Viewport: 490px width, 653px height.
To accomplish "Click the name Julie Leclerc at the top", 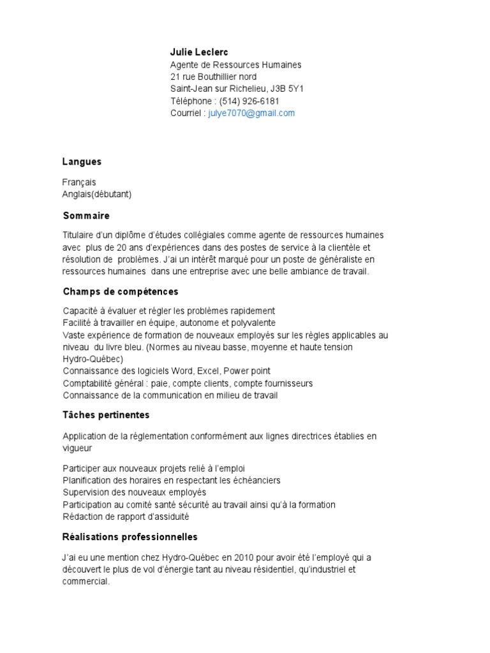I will (198, 52).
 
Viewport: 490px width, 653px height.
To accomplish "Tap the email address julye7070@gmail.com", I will (251, 113).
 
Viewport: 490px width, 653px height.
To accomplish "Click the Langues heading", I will (82, 161).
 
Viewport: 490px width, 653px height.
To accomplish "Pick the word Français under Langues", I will (79, 182).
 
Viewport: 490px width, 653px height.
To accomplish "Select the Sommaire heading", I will (86, 216).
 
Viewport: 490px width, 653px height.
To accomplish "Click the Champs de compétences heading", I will (121, 291).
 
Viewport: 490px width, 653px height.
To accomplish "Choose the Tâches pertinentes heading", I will (106, 415).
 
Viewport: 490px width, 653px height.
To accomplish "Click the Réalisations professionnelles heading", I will (130, 536).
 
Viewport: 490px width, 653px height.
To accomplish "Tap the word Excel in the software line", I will (207, 371).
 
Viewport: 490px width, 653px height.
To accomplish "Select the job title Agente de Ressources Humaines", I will (235, 64).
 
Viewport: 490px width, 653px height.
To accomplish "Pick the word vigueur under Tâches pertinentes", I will (77, 448).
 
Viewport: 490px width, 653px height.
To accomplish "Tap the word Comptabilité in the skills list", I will (89, 383).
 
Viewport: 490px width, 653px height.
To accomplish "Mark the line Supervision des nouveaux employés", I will (135, 492).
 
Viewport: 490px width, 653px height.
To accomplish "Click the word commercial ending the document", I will (85, 582).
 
